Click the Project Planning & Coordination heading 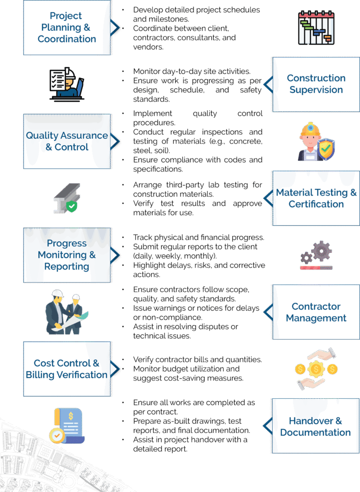pyautogui.click(x=67, y=27)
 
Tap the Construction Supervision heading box pyautogui.click(x=316, y=84)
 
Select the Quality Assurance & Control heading pyautogui.click(x=67, y=141)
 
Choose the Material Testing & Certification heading pyautogui.click(x=316, y=198)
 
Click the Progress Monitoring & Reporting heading pyautogui.click(x=67, y=255)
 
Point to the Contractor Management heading pyautogui.click(x=316, y=312)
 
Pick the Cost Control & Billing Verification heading pyautogui.click(x=67, y=369)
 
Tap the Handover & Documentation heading pyautogui.click(x=315, y=426)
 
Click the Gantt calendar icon pyautogui.click(x=315, y=28)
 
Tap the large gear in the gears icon pyautogui.click(x=321, y=251)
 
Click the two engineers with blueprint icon pyautogui.click(x=67, y=312)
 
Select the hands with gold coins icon pyautogui.click(x=315, y=369)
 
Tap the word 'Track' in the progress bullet pyautogui.click(x=143, y=238)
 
